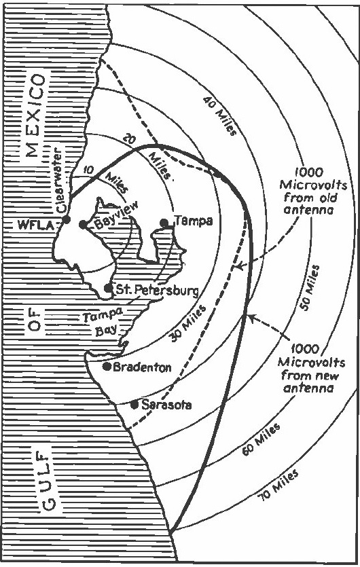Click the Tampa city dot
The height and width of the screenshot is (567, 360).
point(164,222)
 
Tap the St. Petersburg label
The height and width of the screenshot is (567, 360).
point(156,290)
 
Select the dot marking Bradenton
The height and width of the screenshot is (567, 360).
point(107,367)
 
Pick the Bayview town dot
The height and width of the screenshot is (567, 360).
point(82,224)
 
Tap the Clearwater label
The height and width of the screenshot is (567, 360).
point(58,183)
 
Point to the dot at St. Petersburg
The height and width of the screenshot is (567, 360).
point(108,289)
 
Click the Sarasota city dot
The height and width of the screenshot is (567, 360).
point(134,405)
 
